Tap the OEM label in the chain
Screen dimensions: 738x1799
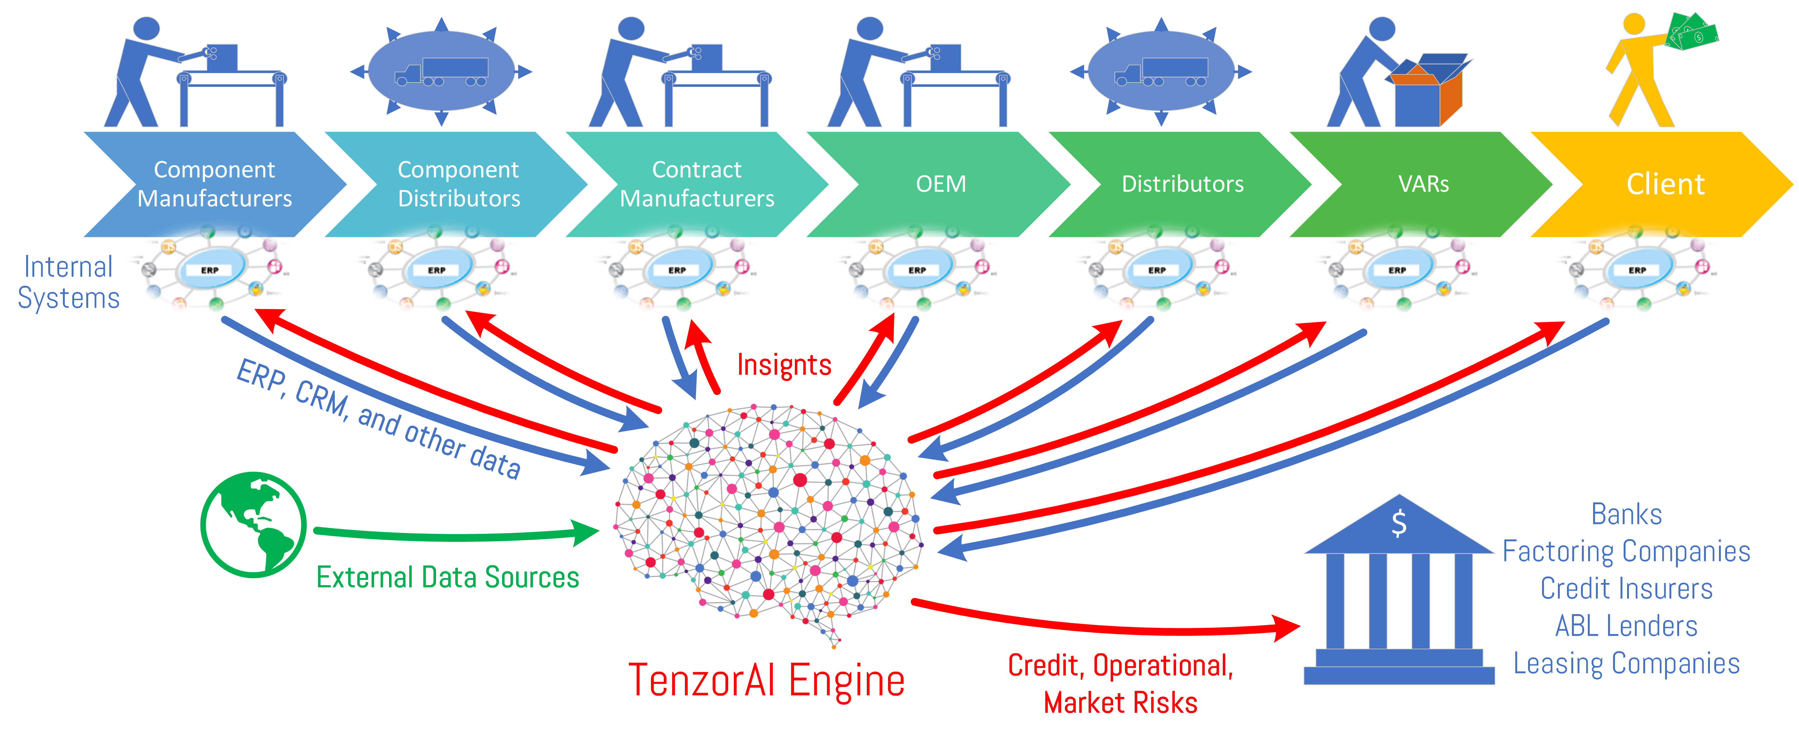(941, 184)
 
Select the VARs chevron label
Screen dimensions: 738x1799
(1423, 184)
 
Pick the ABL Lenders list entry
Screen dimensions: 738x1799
(1626, 626)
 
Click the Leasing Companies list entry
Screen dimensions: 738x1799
(1626, 663)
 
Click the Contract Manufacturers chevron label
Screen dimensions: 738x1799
(697, 184)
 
